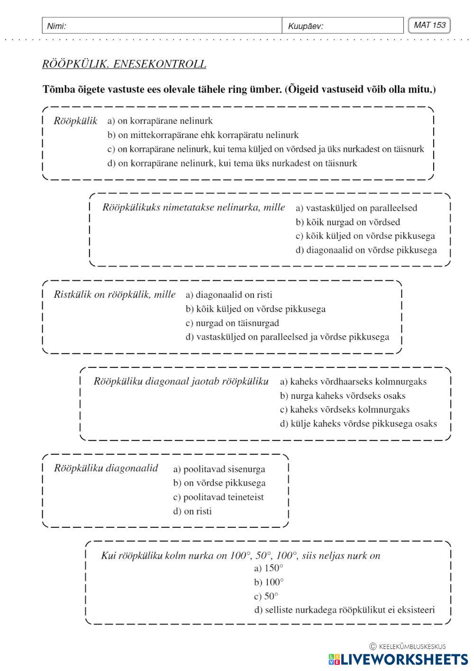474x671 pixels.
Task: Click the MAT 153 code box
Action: click(429, 26)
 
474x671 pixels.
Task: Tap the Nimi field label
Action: click(56, 26)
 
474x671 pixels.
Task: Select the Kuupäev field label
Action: click(306, 26)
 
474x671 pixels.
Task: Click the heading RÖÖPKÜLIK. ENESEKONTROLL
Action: click(124, 64)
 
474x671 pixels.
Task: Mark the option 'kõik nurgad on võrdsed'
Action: click(348, 222)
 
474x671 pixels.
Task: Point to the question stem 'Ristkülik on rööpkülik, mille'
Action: click(115, 294)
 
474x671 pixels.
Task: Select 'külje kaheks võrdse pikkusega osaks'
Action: click(358, 423)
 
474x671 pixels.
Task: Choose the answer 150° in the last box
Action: click(269, 568)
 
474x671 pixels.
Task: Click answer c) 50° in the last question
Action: click(266, 596)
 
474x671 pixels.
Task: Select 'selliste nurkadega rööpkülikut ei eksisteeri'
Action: click(344, 610)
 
